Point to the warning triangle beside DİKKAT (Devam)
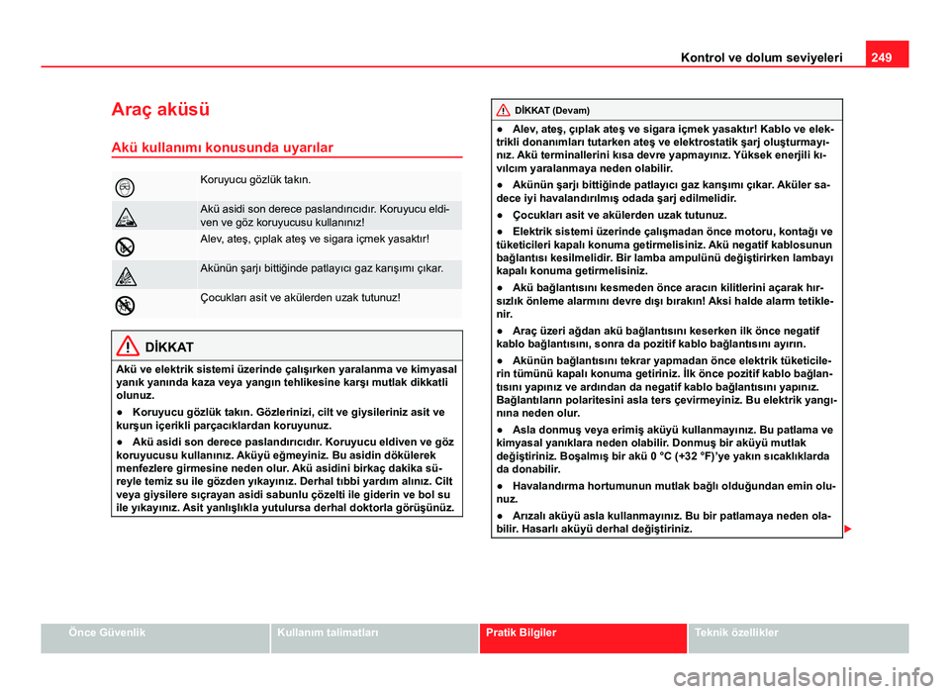coord(504,110)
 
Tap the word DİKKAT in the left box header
coord(168,348)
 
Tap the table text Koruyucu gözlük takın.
coord(255,180)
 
